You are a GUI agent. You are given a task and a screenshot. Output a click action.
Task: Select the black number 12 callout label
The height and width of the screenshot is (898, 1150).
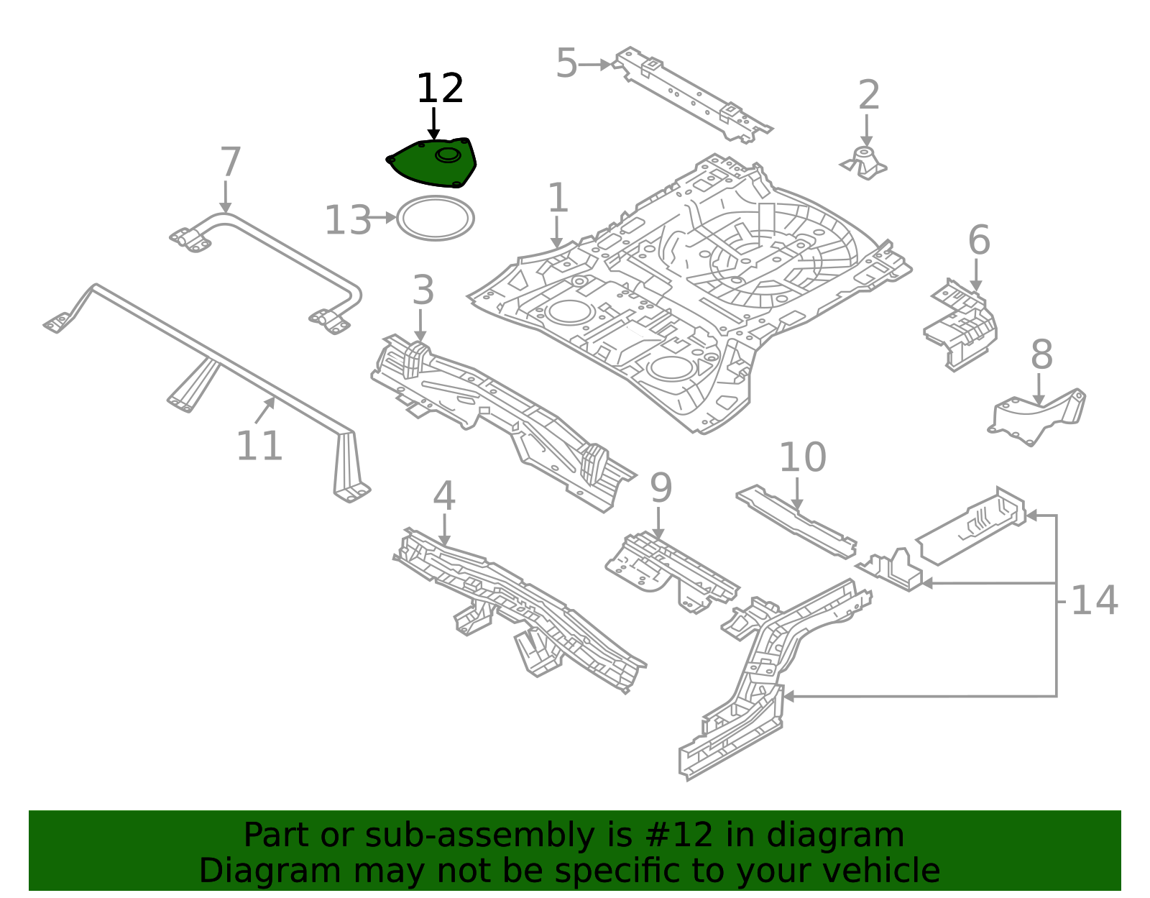pos(440,89)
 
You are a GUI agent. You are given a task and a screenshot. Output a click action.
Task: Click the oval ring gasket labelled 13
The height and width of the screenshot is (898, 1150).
pos(436,218)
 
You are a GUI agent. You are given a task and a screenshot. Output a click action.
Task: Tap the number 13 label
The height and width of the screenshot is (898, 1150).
pos(348,221)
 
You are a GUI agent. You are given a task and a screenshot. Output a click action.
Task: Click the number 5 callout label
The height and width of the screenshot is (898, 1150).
pos(566,64)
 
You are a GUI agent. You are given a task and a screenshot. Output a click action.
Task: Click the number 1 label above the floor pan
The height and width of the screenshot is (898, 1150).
pos(558,198)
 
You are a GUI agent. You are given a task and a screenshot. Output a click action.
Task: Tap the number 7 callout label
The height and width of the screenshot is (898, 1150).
pos(230,162)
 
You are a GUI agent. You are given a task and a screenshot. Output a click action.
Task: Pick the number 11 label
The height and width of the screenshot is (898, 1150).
pos(259,446)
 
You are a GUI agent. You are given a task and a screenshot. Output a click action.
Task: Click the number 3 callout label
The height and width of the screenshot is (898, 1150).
pos(423,290)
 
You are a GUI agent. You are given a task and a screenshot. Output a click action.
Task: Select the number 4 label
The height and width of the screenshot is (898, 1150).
pos(444,497)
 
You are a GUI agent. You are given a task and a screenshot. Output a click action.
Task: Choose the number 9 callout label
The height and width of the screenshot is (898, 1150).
pos(661,488)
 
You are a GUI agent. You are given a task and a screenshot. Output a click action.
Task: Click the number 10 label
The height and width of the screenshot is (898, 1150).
pos(802,457)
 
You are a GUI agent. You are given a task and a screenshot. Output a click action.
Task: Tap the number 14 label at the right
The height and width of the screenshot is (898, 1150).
pos(1094,600)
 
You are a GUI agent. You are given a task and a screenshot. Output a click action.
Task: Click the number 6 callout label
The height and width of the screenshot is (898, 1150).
pos(979,240)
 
